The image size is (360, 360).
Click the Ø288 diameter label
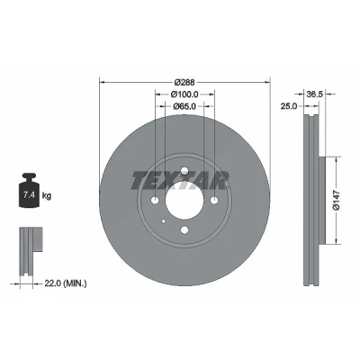click(184, 82)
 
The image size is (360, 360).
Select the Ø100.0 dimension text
click(184, 94)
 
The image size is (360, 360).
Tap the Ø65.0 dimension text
click(184, 106)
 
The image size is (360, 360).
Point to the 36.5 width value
click(314, 94)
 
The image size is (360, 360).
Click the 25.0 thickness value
click(289, 106)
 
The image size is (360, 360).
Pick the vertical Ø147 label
click(337, 200)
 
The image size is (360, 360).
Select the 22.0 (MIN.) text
click(66, 283)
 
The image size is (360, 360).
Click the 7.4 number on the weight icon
click(30, 195)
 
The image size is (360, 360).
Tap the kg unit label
click(47, 196)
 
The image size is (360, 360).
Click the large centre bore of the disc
click(184, 201)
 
